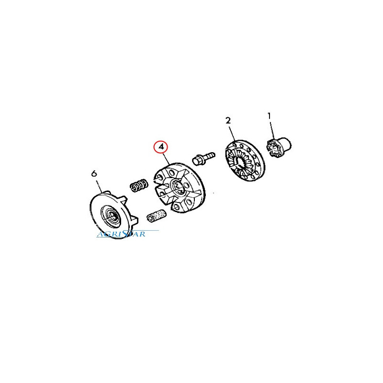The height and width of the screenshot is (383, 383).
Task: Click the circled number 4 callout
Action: pyautogui.click(x=161, y=147)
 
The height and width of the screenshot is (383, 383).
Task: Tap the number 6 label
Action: pyautogui.click(x=94, y=174)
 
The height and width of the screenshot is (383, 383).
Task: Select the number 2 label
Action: pyautogui.click(x=228, y=121)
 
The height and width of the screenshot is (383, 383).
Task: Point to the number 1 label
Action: pyautogui.click(x=269, y=116)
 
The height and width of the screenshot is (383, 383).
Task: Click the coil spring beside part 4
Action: pyautogui.click(x=139, y=185)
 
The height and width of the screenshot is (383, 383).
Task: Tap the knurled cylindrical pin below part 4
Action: pyautogui.click(x=157, y=216)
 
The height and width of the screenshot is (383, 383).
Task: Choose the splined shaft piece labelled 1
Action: pyautogui.click(x=279, y=147)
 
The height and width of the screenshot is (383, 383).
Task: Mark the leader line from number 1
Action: pyautogui.click(x=272, y=130)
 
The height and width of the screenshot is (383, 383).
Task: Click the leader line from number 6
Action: pyautogui.click(x=99, y=186)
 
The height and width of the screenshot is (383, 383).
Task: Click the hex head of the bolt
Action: pyautogui.click(x=197, y=161)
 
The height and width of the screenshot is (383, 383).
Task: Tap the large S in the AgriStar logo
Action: pyautogui.click(x=126, y=234)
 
